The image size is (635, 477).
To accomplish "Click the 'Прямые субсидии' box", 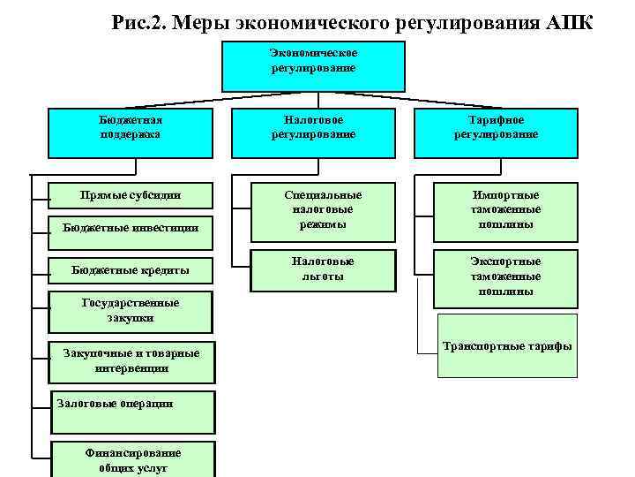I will tap(131, 194).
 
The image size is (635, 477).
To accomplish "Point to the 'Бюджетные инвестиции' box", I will tap(131, 228).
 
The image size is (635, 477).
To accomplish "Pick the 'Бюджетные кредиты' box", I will tap(131, 269).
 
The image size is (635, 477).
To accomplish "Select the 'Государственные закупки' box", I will tap(131, 310).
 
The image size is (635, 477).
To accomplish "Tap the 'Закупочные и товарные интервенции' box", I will tap(131, 360).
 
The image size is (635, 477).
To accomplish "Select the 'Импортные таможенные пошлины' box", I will tap(505, 209).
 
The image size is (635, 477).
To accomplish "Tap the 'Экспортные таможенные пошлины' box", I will tap(505, 276).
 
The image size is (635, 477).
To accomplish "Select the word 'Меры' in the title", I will tap(201, 21).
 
